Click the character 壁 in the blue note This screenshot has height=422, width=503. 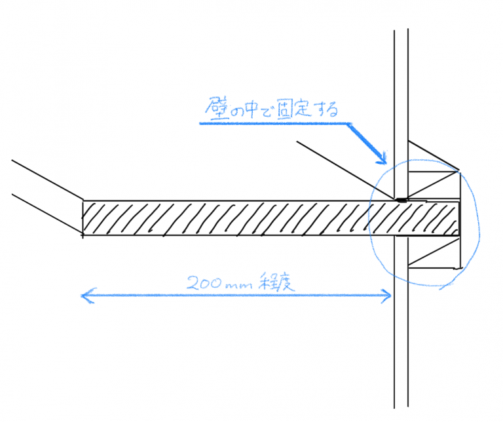217,109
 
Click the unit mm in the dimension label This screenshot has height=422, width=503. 239,285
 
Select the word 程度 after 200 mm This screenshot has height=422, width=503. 276,282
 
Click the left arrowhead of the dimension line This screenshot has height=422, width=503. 86,296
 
